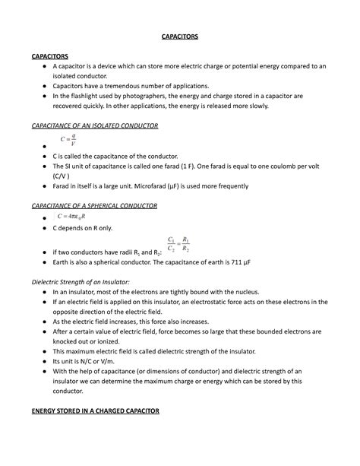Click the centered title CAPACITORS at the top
coord(179,36)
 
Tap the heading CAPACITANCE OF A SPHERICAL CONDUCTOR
coord(93,205)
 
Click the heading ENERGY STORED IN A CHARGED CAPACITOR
coord(93,411)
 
